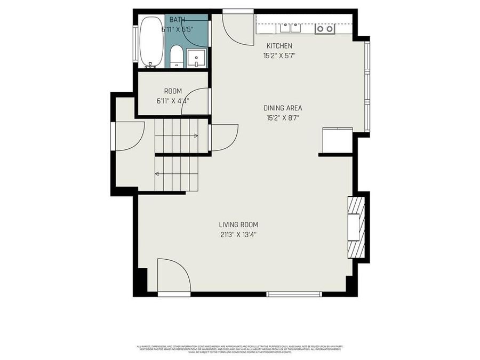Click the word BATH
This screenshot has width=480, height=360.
point(178,20)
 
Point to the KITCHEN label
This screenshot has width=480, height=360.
point(279,46)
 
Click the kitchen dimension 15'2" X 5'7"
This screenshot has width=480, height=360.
point(279,55)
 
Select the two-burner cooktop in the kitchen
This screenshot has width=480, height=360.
point(325,28)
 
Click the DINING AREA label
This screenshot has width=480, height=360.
point(283,108)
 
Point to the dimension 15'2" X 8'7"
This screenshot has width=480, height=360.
point(283,118)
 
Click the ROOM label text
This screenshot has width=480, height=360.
point(173,91)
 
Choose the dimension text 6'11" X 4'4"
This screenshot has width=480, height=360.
point(173,101)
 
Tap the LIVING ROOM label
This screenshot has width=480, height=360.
point(238,225)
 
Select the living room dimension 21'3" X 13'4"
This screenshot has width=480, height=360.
point(238,234)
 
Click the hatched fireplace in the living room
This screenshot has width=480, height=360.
point(356,227)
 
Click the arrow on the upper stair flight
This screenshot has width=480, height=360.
point(195,136)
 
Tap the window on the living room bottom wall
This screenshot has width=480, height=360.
point(294,294)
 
